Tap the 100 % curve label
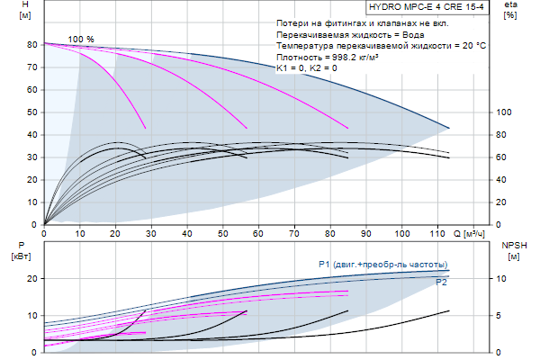tap(80, 39)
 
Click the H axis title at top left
tap(11, 11)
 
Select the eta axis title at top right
tap(510, 11)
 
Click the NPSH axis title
tap(513, 250)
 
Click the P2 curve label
tap(442, 282)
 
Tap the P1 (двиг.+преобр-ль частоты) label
tap(382, 264)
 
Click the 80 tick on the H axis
tap(31, 44)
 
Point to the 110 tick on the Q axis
tap(436, 233)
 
